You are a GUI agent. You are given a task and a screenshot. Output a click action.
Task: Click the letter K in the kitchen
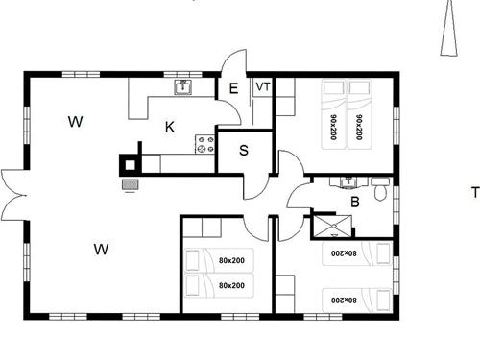[x=169, y=126]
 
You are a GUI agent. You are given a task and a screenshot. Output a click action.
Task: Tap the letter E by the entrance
[x=233, y=88]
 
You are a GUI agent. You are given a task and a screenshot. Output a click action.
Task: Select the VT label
[x=262, y=87]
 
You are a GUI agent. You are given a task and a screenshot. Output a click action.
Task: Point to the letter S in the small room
[x=244, y=150]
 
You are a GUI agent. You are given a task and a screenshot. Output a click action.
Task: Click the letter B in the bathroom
[x=354, y=202]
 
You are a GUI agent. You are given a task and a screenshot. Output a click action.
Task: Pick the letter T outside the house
[x=474, y=192]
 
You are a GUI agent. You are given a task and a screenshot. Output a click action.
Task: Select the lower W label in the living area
[x=101, y=250]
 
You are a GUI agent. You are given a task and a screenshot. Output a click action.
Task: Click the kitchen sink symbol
[x=183, y=87]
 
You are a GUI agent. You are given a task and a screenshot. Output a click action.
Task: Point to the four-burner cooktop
[x=204, y=145]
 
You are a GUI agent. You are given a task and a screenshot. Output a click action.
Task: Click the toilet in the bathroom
[x=382, y=193]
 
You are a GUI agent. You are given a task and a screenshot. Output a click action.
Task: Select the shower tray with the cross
[x=329, y=227]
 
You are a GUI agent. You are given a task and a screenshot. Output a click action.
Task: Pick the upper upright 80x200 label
[x=230, y=260]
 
